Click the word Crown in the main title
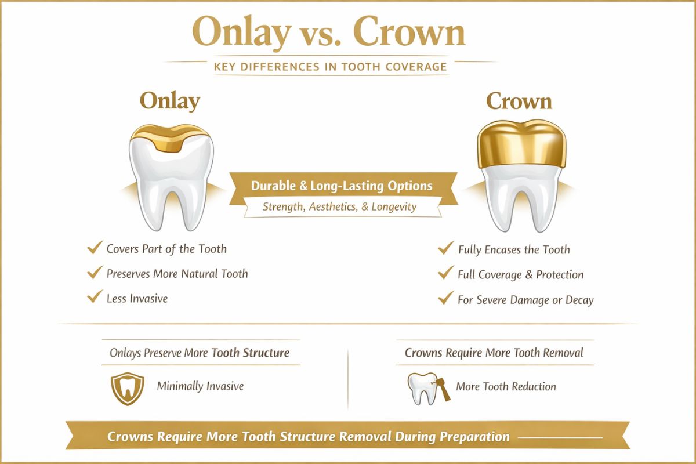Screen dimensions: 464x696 (x=409, y=33)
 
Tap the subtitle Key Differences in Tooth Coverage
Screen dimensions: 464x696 (x=331, y=67)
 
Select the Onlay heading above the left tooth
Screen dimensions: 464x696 (x=169, y=101)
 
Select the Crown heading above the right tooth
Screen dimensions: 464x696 (x=519, y=101)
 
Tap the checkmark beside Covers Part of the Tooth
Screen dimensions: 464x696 (x=93, y=248)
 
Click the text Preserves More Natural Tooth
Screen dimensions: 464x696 (x=177, y=273)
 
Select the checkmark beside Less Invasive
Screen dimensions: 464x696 (x=93, y=298)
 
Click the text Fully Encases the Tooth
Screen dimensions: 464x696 (x=514, y=250)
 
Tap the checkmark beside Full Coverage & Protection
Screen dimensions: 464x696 (x=445, y=274)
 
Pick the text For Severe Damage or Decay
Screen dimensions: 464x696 (x=525, y=300)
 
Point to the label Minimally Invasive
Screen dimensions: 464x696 (x=200, y=386)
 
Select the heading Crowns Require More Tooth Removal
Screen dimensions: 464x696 (x=494, y=353)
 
